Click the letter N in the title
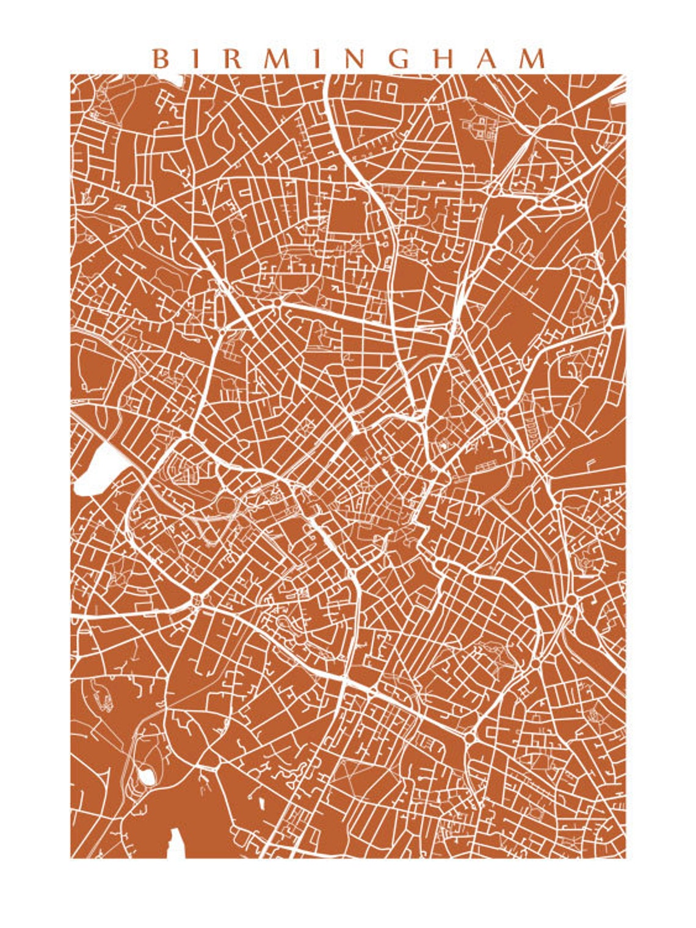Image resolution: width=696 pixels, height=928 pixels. tap(359, 59)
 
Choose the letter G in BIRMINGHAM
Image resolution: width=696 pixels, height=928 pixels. tap(401, 59)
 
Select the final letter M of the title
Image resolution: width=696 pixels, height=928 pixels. tap(531, 59)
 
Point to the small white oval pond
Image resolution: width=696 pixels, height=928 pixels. tap(147, 776)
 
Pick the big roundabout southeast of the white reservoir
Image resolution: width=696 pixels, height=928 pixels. tap(197, 601)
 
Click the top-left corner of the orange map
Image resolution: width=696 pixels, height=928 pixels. tap(71, 75)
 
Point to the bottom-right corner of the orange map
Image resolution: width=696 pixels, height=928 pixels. tap(625, 857)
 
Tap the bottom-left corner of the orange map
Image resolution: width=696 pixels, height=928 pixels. tap(71, 857)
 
